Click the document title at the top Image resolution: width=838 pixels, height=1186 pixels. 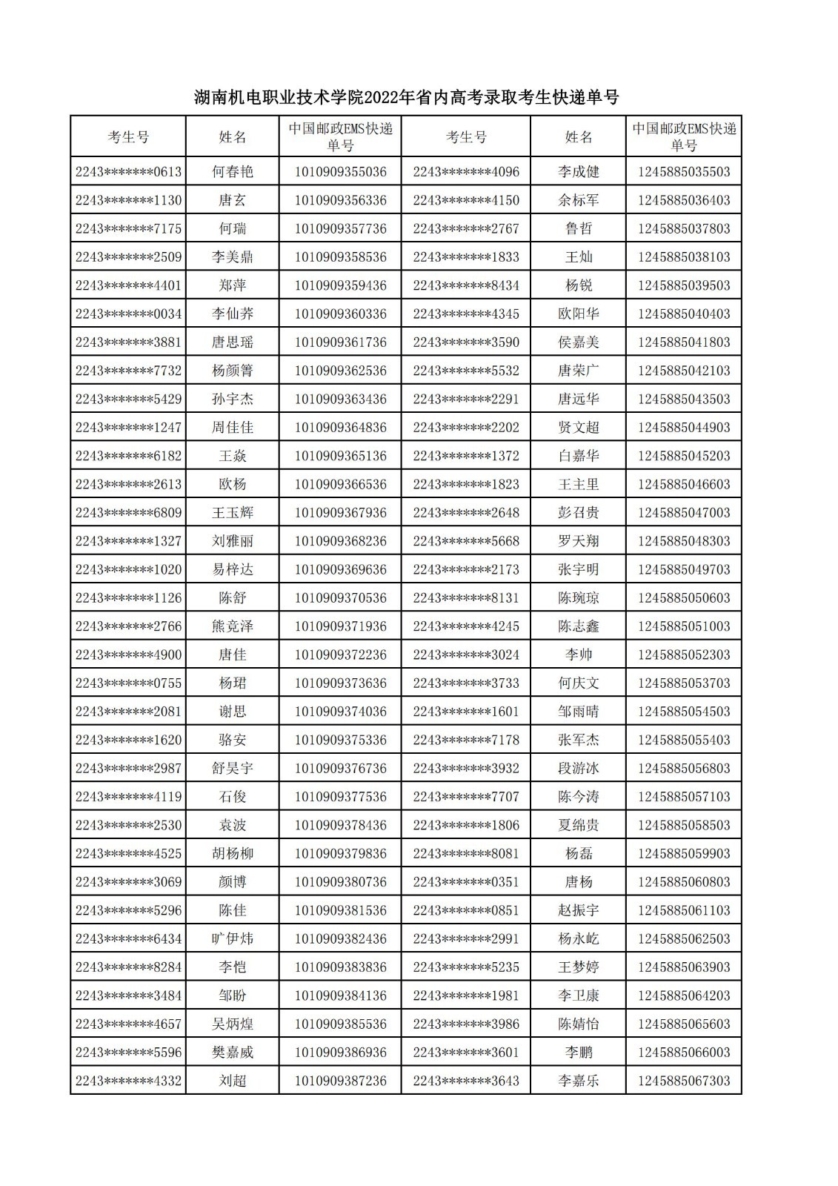coord(406,97)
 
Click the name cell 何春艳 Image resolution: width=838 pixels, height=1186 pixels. coord(232,172)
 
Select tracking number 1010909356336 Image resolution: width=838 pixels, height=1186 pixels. coord(340,200)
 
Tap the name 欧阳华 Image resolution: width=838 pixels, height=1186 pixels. coord(578,314)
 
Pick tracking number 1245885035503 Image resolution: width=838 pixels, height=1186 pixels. coord(683,172)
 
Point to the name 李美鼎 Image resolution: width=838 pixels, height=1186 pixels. coord(232,257)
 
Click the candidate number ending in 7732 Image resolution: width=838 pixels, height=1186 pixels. coord(128,371)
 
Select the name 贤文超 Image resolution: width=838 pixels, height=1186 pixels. coord(578,428)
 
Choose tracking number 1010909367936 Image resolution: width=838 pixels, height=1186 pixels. coord(340,513)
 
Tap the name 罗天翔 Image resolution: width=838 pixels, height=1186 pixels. coord(578,541)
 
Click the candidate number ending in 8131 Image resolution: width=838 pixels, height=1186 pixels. coord(466,598)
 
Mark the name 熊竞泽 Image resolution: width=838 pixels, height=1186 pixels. coord(232,626)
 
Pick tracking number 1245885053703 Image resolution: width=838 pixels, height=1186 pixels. coord(683,683)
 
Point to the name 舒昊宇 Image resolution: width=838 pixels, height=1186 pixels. coord(232,769)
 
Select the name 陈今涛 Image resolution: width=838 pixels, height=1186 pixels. coord(578,797)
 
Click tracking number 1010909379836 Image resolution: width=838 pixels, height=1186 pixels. coord(340,854)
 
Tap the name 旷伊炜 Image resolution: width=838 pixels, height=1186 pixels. coord(232,939)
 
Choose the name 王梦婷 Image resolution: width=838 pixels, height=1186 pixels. coord(578,967)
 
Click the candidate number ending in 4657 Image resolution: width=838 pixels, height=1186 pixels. coord(128,1024)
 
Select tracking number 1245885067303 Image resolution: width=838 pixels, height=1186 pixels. coord(683,1081)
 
